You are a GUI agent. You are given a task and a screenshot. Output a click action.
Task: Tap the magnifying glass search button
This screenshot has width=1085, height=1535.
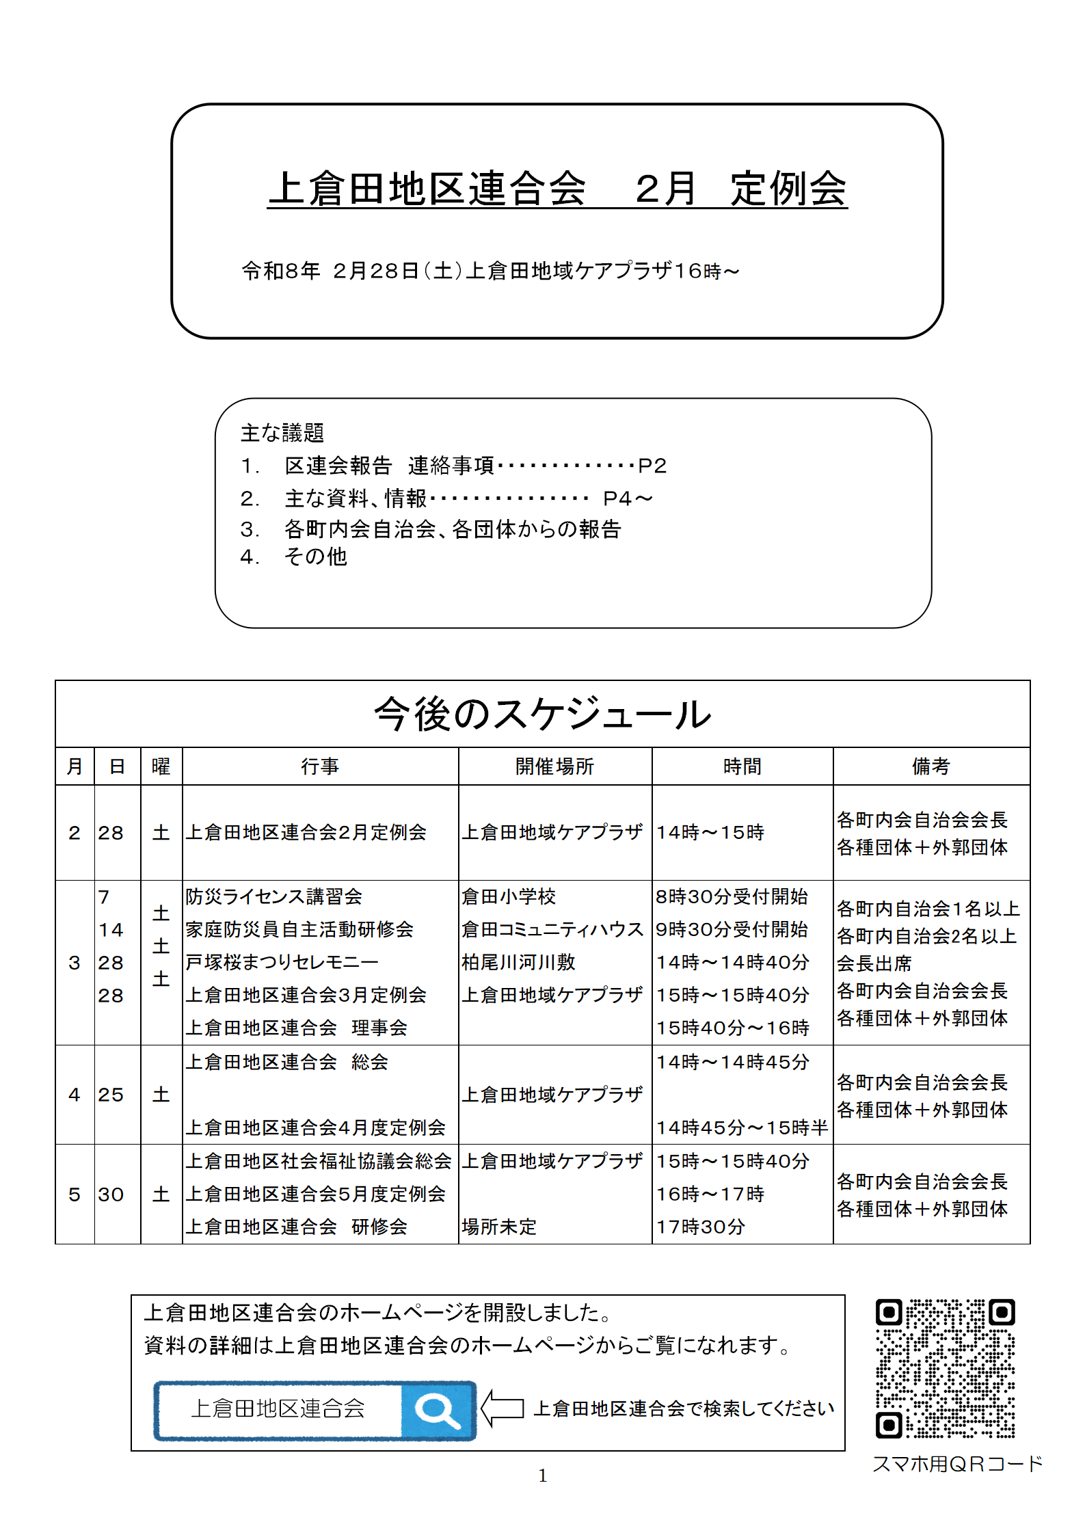pyautogui.click(x=438, y=1411)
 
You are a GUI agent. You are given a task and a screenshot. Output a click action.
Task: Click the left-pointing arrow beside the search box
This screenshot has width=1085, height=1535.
pyautogui.click(x=503, y=1409)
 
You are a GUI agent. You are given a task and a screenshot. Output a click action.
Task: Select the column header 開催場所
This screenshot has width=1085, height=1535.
pyautogui.click(x=554, y=766)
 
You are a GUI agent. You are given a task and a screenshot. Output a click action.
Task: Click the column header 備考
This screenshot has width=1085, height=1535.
pyautogui.click(x=930, y=766)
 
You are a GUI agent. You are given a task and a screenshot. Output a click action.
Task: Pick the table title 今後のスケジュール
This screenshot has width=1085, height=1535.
pyautogui.click(x=542, y=715)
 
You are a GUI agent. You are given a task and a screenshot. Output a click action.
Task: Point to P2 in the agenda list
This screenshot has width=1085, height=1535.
pyautogui.click(x=652, y=466)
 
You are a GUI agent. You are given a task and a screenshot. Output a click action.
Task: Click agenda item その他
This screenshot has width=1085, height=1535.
pyautogui.click(x=315, y=557)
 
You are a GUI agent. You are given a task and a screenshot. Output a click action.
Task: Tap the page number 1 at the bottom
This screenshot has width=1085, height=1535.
pyautogui.click(x=542, y=1476)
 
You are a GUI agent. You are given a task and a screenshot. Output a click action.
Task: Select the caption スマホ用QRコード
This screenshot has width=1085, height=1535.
pyautogui.click(x=957, y=1464)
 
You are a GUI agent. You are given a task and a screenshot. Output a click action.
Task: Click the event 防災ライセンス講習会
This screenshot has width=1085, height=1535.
pyautogui.click(x=273, y=897)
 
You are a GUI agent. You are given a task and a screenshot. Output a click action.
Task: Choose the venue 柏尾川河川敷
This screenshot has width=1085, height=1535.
pyautogui.click(x=518, y=963)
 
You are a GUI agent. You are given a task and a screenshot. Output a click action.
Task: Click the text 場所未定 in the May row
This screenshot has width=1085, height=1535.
pyautogui.click(x=499, y=1227)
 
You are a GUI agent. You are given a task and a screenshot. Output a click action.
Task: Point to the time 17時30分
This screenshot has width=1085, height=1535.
pyautogui.click(x=700, y=1227)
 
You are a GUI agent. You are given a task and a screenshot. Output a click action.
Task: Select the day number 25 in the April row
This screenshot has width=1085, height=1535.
pyautogui.click(x=111, y=1095)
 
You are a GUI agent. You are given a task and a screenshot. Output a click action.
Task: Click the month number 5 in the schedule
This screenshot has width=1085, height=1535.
pyautogui.click(x=75, y=1195)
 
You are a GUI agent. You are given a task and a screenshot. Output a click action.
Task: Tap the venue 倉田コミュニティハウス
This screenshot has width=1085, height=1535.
pyautogui.click(x=552, y=930)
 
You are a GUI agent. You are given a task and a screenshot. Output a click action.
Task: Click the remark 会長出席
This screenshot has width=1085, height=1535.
pyautogui.click(x=874, y=964)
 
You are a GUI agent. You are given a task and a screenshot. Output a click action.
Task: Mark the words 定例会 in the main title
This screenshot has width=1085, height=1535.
pyautogui.click(x=788, y=189)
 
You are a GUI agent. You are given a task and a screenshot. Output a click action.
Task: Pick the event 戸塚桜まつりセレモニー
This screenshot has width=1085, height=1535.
pyautogui.click(x=282, y=963)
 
